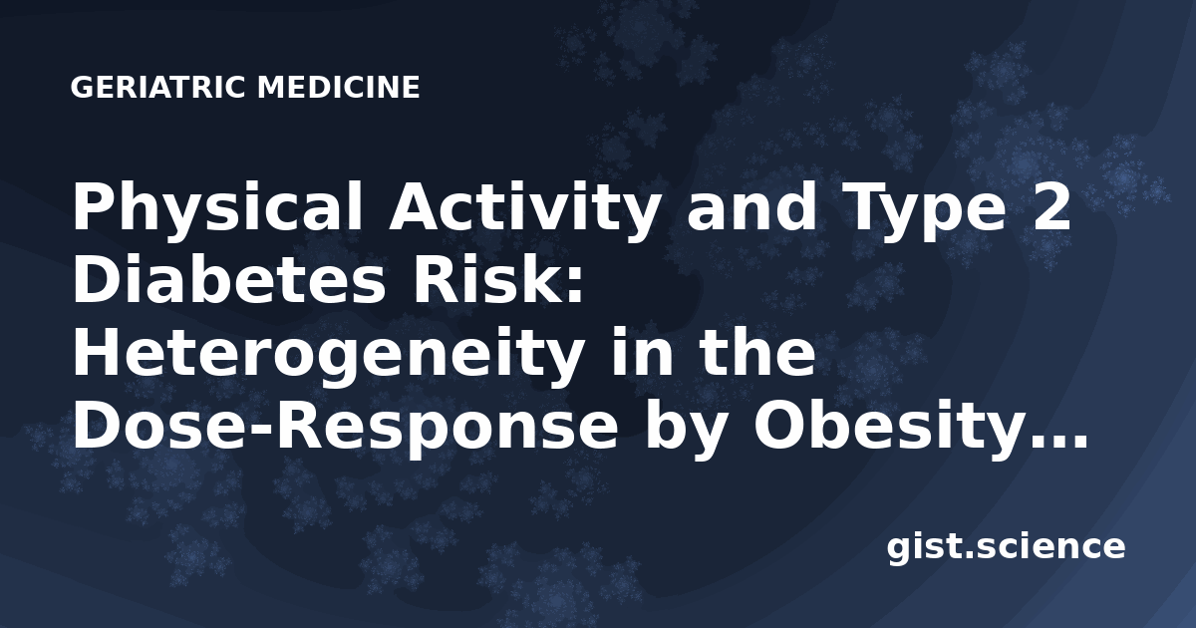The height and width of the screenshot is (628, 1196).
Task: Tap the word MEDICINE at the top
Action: pos(339,88)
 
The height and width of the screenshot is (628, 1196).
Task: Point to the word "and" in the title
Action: pos(751,206)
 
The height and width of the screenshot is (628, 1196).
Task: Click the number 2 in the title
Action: pos(1051,207)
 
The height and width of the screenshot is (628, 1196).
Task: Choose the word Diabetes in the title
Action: pos(228,279)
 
